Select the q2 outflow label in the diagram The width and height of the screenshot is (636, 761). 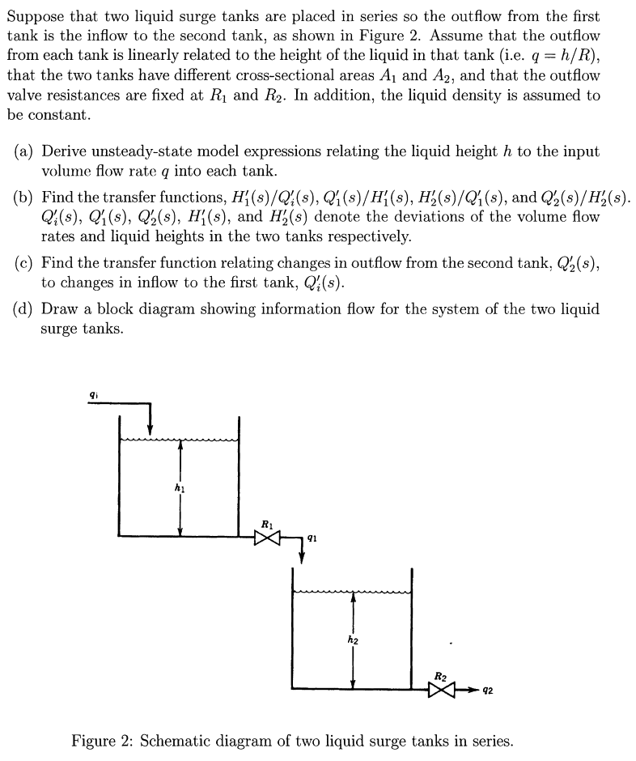[x=488, y=691]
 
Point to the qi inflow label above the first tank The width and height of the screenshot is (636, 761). [x=94, y=394]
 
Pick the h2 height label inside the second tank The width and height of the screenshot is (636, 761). [x=352, y=640]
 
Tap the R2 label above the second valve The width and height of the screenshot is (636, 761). [x=441, y=675]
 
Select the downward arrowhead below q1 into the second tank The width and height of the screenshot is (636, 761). [x=301, y=556]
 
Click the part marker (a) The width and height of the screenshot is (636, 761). [x=24, y=152]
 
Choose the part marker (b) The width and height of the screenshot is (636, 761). [x=24, y=198]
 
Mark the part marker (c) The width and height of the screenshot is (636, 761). [x=24, y=263]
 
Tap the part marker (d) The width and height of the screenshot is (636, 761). [x=24, y=309]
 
